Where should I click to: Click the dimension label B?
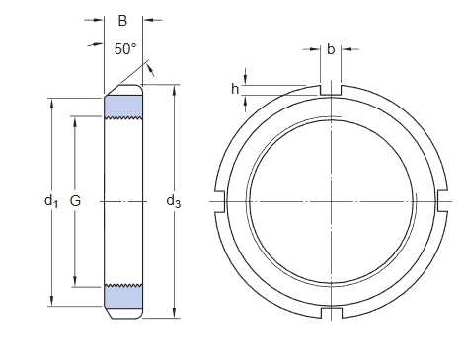[x=122, y=21]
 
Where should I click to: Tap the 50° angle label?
[x=125, y=49]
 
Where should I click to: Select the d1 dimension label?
[x=51, y=201]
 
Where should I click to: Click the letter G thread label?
[x=75, y=200]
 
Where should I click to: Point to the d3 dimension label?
[x=174, y=201]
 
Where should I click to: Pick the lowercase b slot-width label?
[x=331, y=49]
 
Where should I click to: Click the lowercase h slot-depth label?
[x=235, y=89]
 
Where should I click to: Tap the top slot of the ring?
[x=331, y=90]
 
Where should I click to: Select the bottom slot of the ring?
[x=332, y=313]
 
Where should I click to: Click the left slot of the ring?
[x=220, y=201]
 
